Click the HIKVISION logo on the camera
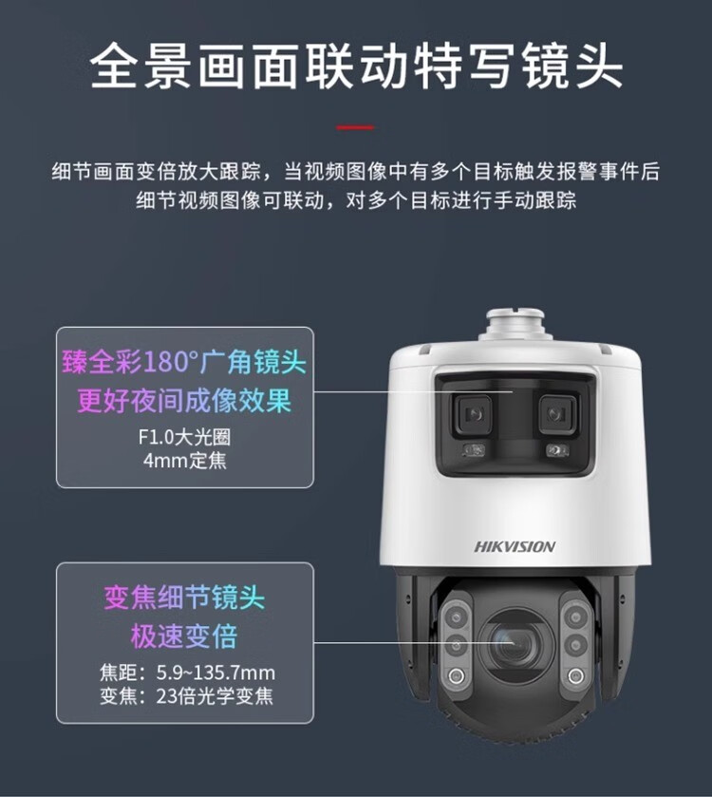click(515, 547)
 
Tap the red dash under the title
click(355, 127)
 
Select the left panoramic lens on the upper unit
click(473, 414)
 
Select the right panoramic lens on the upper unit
click(557, 414)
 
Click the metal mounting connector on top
click(515, 324)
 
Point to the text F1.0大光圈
click(184, 437)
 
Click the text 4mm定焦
click(185, 461)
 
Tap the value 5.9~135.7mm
click(215, 673)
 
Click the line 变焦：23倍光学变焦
click(186, 696)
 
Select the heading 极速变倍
click(184, 636)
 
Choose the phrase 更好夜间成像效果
click(184, 401)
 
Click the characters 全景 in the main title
click(141, 66)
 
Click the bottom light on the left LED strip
click(456, 675)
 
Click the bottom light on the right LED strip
click(575, 675)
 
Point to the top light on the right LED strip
click(575, 617)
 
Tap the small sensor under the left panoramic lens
click(474, 450)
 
